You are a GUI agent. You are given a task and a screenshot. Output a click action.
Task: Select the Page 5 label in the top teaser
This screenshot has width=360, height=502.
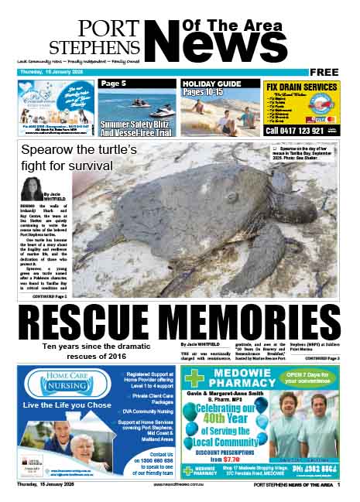click(113, 84)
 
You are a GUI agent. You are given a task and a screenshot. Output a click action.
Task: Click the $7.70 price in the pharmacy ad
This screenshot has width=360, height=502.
click(227, 459)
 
